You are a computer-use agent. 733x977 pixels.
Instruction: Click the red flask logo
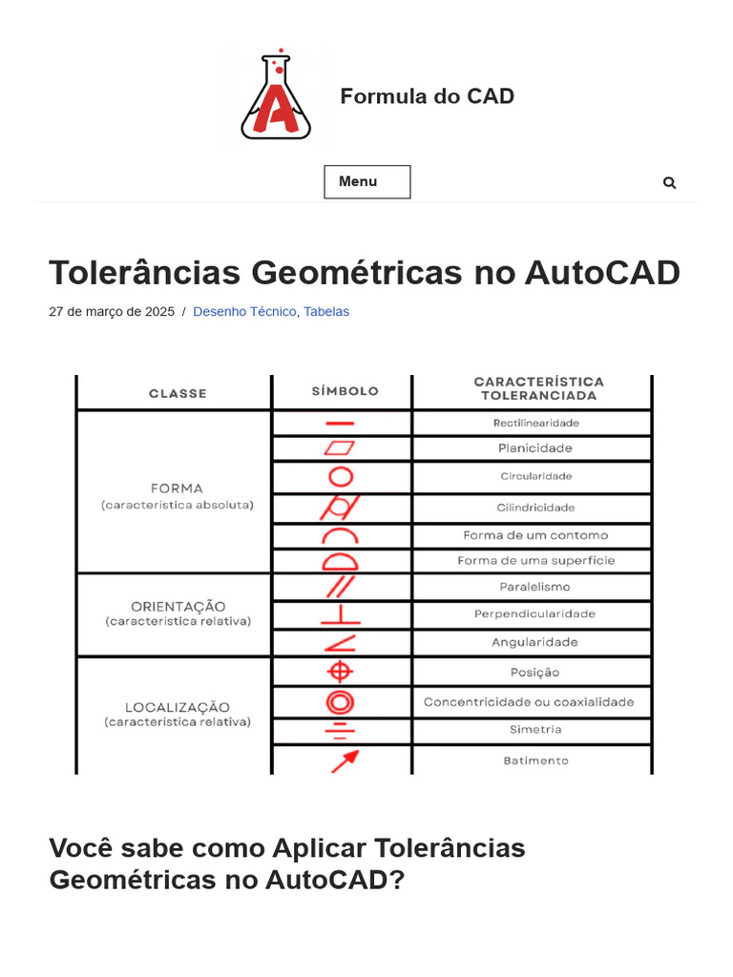[x=276, y=96]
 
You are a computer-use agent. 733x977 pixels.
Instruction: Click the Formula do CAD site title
[x=427, y=96]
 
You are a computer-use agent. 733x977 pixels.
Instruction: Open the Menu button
[x=366, y=181]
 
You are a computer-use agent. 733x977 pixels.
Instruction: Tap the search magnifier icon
[x=669, y=182]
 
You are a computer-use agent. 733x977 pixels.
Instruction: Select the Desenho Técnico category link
[x=244, y=312]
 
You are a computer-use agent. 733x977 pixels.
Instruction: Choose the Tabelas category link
[x=326, y=312]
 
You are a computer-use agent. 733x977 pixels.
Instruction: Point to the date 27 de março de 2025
[x=112, y=312]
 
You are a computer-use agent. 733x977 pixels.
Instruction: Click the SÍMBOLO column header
[x=345, y=391]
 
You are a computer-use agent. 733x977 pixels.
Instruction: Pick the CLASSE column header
[x=178, y=393]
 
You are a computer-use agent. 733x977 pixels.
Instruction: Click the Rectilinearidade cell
[x=535, y=423]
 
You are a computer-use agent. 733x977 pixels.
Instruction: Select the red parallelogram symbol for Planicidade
[x=340, y=447]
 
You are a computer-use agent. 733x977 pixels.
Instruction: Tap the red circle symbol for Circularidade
[x=341, y=476]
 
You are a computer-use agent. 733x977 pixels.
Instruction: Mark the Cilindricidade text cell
[x=535, y=508]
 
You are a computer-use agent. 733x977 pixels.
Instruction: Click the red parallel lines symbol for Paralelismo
[x=341, y=586]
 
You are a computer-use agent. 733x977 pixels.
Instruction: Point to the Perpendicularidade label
[x=534, y=613]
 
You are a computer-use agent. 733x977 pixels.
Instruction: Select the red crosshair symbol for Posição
[x=340, y=672]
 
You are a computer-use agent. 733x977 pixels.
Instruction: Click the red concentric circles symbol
[x=340, y=702]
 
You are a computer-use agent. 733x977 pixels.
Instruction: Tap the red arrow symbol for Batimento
[x=344, y=760]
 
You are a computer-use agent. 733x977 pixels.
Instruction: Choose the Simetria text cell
[x=535, y=730]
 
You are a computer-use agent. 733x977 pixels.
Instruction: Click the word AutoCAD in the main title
[x=602, y=273]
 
